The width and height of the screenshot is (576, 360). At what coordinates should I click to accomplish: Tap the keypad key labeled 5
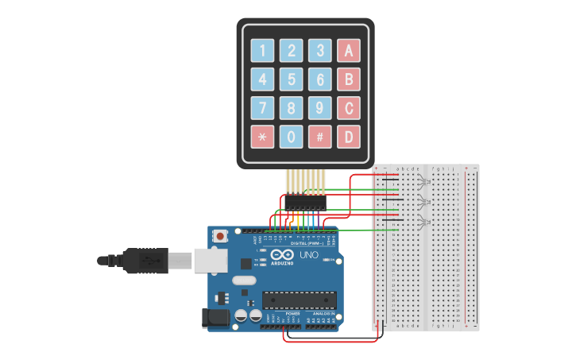[x=292, y=79]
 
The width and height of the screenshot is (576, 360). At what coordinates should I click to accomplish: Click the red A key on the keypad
[x=348, y=51]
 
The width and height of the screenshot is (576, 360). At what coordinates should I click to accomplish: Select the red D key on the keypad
[x=348, y=137]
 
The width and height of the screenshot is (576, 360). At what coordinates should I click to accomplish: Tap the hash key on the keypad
[x=320, y=137]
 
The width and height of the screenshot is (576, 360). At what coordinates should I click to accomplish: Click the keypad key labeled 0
[x=292, y=137]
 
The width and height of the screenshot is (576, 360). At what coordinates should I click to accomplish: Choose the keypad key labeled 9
[x=320, y=108]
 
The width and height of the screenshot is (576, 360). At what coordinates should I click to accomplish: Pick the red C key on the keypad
[x=348, y=108]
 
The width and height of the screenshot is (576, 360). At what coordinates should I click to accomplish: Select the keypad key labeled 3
[x=320, y=51]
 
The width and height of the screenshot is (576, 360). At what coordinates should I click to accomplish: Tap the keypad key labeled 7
[x=263, y=108]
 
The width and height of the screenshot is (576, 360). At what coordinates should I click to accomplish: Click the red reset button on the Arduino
[x=220, y=236]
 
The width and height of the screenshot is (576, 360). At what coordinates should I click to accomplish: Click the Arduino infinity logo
[x=282, y=256]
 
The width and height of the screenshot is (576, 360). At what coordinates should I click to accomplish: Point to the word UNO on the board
[x=308, y=255]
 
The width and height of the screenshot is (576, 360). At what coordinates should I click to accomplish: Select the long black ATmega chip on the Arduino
[x=300, y=300]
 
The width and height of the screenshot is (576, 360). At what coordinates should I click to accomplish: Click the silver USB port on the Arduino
[x=209, y=260]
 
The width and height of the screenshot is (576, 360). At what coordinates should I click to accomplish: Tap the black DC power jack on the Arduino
[x=215, y=318]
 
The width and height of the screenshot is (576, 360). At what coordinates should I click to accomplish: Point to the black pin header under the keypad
[x=305, y=203]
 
